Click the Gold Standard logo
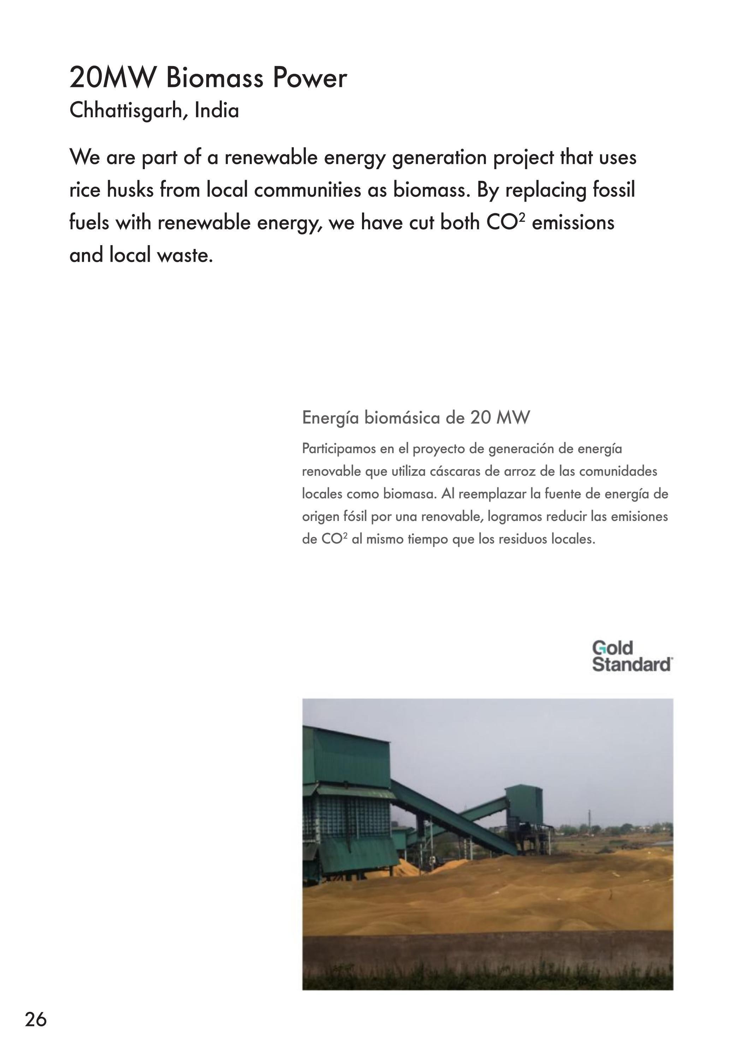632,656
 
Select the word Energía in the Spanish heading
330,418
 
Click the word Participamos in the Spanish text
339,449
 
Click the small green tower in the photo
524,806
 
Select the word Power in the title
309,78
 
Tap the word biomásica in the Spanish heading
403,418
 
